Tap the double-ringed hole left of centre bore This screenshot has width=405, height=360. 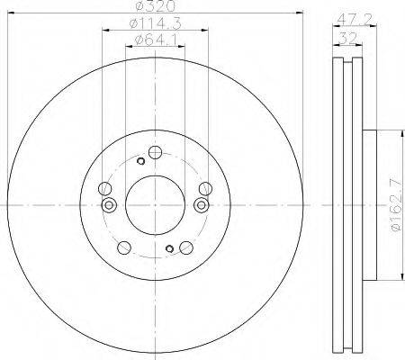tap(111, 206)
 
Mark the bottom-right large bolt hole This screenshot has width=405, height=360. tap(185, 247)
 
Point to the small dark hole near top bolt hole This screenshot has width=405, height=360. tap(140, 161)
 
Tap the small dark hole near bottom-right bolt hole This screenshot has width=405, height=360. tap(167, 251)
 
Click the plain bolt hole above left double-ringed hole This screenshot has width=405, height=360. tap(105, 189)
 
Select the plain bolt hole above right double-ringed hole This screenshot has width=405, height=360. tap(205, 189)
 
